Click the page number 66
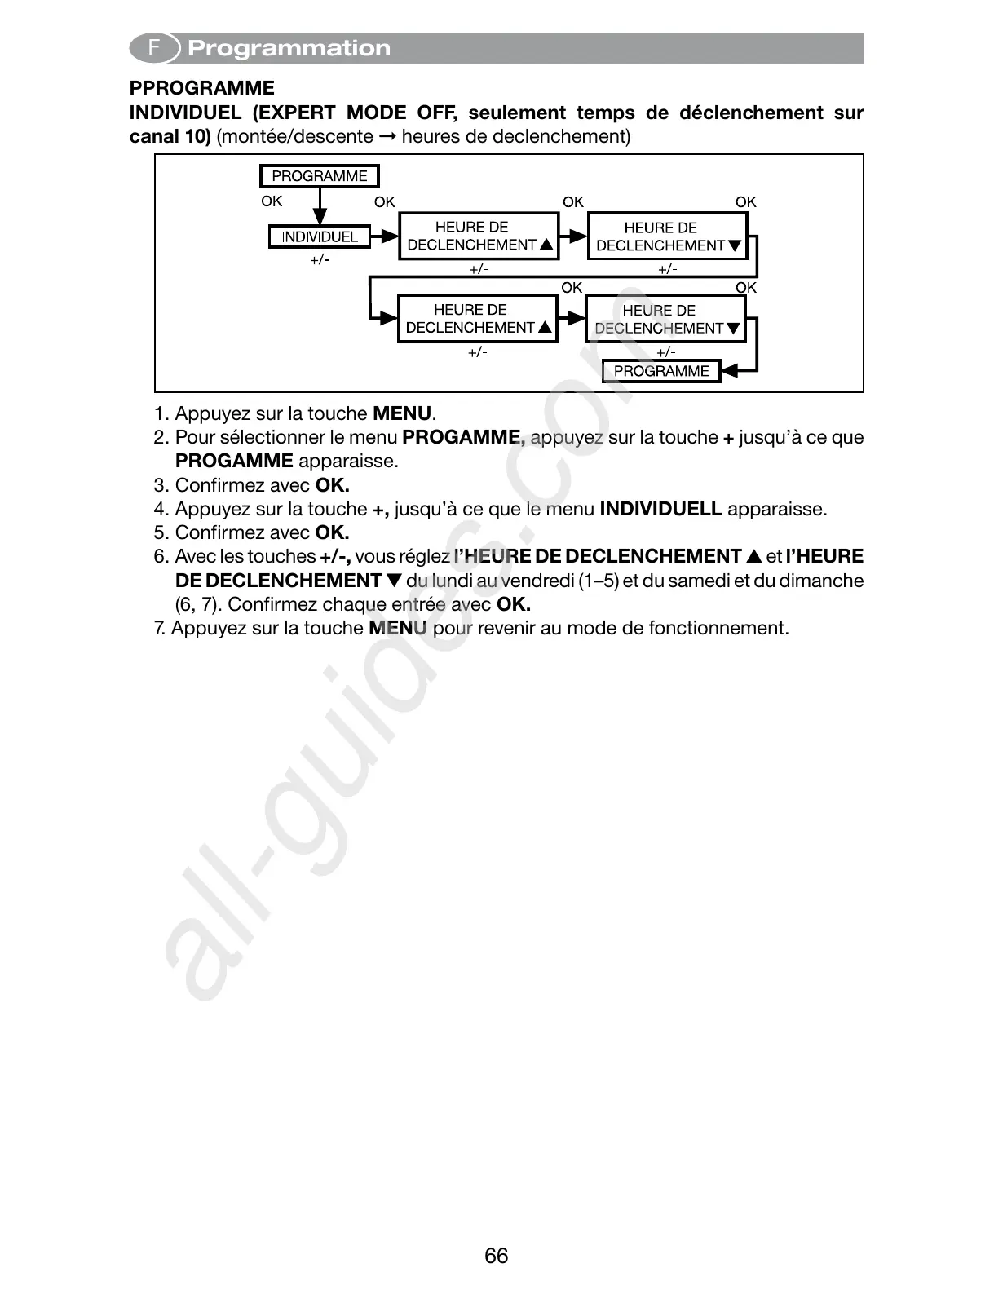(496, 1255)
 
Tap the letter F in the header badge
(153, 48)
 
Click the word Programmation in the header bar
(289, 48)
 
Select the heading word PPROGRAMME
(202, 88)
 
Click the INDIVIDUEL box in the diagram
(320, 236)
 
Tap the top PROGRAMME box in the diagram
(320, 175)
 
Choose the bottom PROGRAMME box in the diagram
(661, 371)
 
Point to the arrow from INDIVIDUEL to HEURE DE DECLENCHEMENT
(384, 236)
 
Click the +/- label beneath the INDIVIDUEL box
(320, 260)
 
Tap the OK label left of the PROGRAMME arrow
(272, 201)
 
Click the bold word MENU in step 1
(401, 413)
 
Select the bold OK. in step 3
(333, 485)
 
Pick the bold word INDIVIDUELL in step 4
(660, 509)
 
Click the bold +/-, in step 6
(335, 556)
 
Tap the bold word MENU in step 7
(398, 628)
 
